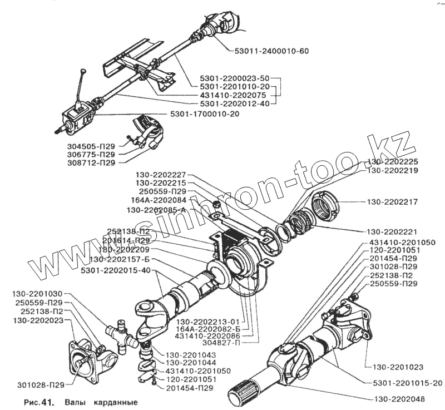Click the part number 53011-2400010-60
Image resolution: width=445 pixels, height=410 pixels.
[x=268, y=52]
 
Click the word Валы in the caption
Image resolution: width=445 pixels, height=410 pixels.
[x=74, y=402]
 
